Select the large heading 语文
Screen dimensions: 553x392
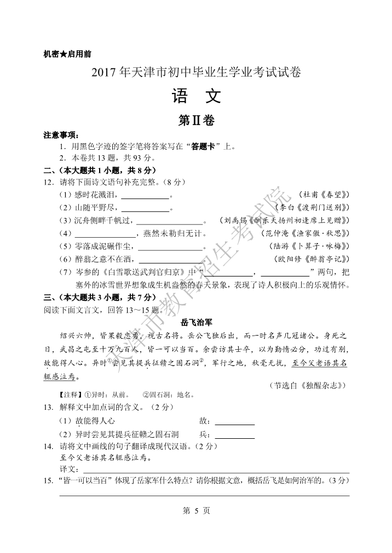[x=196, y=97]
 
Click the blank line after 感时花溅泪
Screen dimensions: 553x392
[x=145, y=196]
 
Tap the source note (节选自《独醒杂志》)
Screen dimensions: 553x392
[x=309, y=385]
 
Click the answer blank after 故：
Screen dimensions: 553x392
[x=235, y=422]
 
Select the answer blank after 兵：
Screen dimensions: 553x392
[x=235, y=436]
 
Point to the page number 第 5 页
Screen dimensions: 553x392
[x=195, y=511]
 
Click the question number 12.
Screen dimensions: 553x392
[x=48, y=182]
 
